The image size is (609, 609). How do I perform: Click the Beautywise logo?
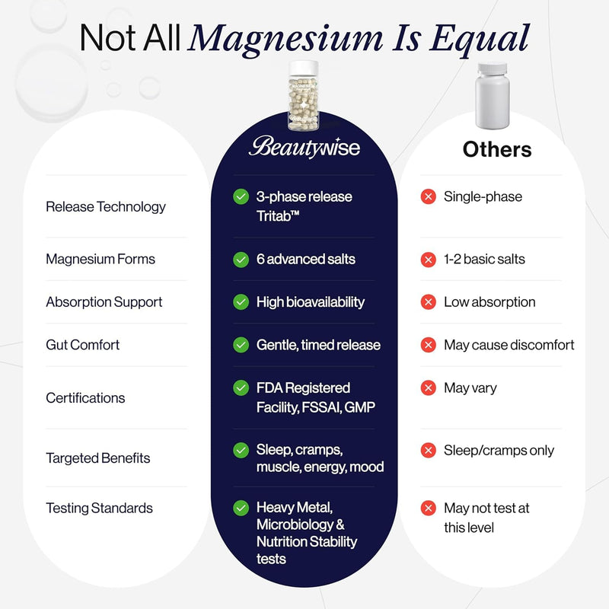tap(304, 147)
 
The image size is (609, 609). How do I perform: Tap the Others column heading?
tap(497, 149)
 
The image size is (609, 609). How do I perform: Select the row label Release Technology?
tap(106, 207)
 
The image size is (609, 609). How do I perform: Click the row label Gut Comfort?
tap(82, 345)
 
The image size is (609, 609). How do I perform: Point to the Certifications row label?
tap(85, 398)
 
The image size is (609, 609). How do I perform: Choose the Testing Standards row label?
tap(100, 508)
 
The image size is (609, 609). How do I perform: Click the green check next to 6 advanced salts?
tap(241, 260)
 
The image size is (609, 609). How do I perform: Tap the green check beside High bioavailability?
tap(241, 302)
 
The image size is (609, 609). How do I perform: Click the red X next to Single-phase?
tap(429, 196)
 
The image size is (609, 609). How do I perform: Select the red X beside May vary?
tap(429, 387)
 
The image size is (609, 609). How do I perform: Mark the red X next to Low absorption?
tap(429, 302)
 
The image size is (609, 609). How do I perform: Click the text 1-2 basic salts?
tap(484, 259)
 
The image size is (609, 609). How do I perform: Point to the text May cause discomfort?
tap(509, 345)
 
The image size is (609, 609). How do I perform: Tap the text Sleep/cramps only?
tap(499, 451)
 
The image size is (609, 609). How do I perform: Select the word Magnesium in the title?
tap(286, 39)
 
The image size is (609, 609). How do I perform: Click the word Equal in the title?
tap(480, 39)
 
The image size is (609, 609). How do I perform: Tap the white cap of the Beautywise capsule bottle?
tap(304, 69)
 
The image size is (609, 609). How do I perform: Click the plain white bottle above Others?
tap(492, 96)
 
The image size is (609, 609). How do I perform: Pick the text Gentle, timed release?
tap(318, 345)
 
